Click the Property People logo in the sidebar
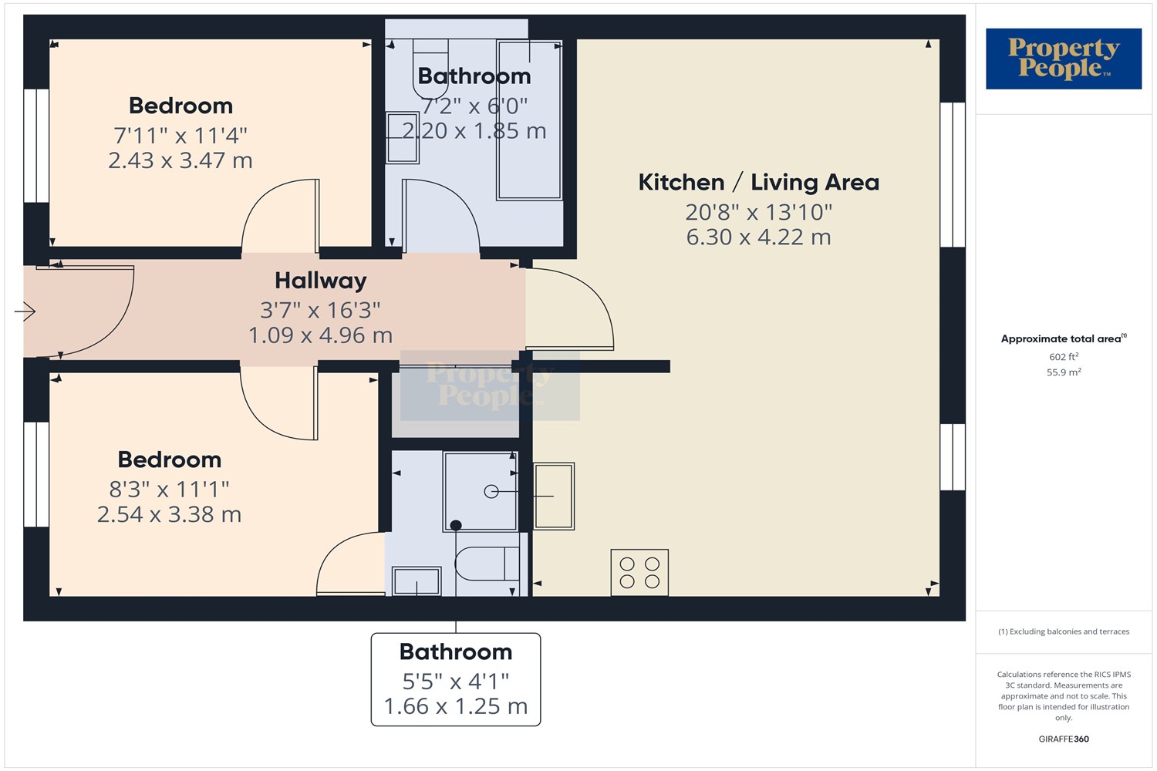pyautogui.click(x=1064, y=59)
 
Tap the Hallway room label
pyautogui.click(x=321, y=281)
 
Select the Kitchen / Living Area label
pyautogui.click(x=759, y=182)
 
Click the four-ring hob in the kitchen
pyautogui.click(x=639, y=573)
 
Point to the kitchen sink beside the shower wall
pyautogui.click(x=554, y=497)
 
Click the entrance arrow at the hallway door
pyautogui.click(x=25, y=311)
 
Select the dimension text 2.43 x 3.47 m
pyautogui.click(x=180, y=160)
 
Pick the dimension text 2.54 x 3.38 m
pyautogui.click(x=170, y=514)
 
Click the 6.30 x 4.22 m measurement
pyautogui.click(x=759, y=237)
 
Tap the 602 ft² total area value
pyautogui.click(x=1064, y=357)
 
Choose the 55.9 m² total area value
pyautogui.click(x=1064, y=372)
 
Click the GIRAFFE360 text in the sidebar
pyautogui.click(x=1064, y=739)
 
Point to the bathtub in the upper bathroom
pyautogui.click(x=529, y=120)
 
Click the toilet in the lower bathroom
pyautogui.click(x=487, y=564)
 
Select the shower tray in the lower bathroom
pyautogui.click(x=481, y=491)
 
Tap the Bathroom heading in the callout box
pyautogui.click(x=456, y=651)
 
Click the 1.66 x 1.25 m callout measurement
pyautogui.click(x=456, y=706)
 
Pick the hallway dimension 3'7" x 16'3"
pyautogui.click(x=320, y=311)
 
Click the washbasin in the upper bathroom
pyautogui.click(x=403, y=138)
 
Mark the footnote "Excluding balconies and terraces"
pyautogui.click(x=1069, y=631)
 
